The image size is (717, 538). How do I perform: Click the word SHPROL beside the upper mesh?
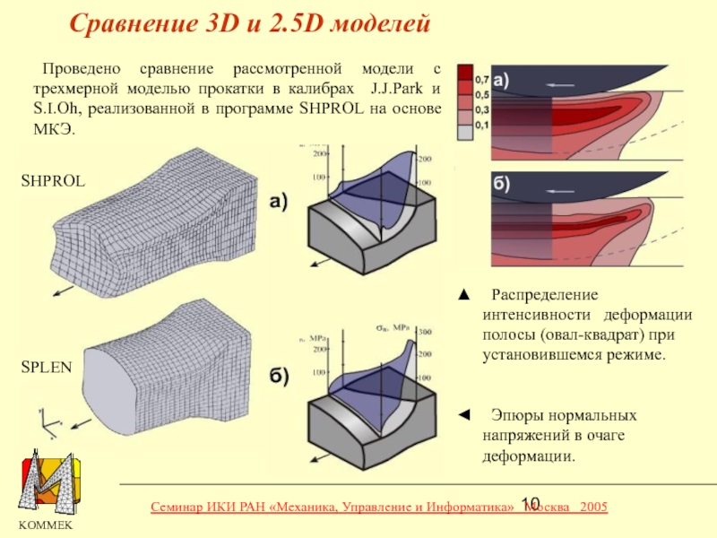coord(53,181)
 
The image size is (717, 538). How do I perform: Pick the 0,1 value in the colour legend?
coord(481,126)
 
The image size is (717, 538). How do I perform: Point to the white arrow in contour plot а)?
coord(563,83)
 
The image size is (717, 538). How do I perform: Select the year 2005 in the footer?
coord(594,508)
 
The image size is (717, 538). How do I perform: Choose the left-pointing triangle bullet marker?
coord(462,415)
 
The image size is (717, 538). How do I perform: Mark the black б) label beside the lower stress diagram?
coord(279,377)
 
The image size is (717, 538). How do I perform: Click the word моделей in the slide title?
coord(382,23)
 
